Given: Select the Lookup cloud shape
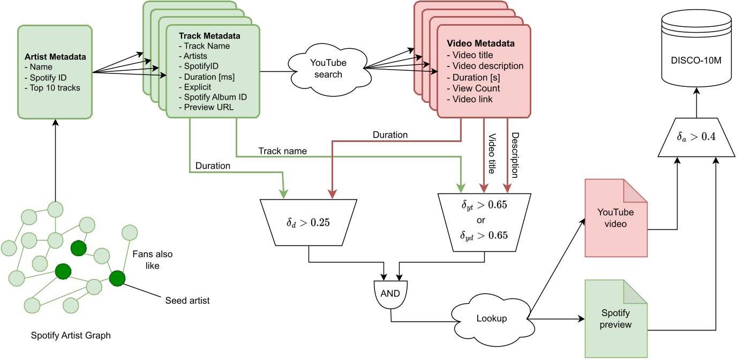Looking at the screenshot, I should (x=492, y=318).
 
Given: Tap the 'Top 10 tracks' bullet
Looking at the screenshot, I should (x=52, y=88).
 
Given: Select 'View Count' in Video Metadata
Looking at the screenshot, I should (x=476, y=88).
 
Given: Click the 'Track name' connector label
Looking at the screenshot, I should (x=282, y=151).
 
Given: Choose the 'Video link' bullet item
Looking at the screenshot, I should (x=473, y=99).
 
